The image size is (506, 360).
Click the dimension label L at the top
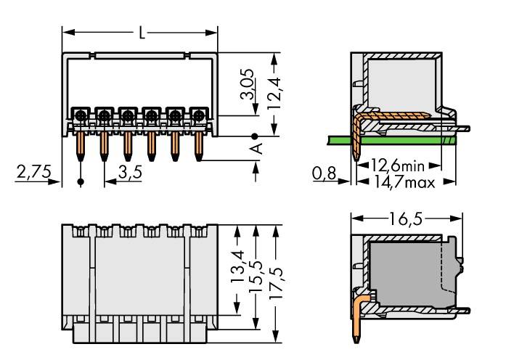click(x=141, y=33)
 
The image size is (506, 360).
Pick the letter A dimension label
click(x=255, y=150)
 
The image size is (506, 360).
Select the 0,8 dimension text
click(x=324, y=172)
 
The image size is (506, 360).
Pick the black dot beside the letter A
click(x=255, y=136)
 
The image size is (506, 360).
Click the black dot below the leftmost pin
click(x=80, y=180)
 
